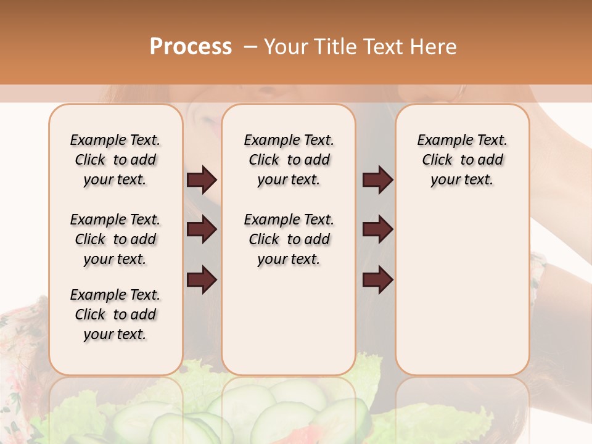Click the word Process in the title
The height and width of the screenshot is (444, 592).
pos(191,47)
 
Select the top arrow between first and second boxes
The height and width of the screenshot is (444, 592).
pos(202,180)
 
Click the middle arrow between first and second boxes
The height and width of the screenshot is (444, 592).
pos(202,230)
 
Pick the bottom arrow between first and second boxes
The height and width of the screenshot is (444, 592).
pos(202,281)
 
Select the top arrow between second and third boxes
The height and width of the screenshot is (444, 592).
pos(377,180)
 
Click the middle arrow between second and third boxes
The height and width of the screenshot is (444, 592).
pos(377,230)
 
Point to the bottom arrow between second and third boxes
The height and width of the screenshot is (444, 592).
pos(377,281)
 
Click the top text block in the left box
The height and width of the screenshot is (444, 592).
pos(115,160)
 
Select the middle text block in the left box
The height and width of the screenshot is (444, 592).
pos(115,239)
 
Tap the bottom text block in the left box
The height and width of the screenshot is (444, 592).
pos(115,314)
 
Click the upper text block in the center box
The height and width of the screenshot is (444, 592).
pos(289,160)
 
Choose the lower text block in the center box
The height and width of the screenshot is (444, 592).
pos(289,239)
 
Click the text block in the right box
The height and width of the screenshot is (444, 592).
pos(462,160)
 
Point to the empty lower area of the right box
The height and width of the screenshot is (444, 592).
pos(462,290)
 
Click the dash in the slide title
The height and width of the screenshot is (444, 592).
pos(250,47)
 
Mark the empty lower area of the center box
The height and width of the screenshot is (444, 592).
pos(289,321)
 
